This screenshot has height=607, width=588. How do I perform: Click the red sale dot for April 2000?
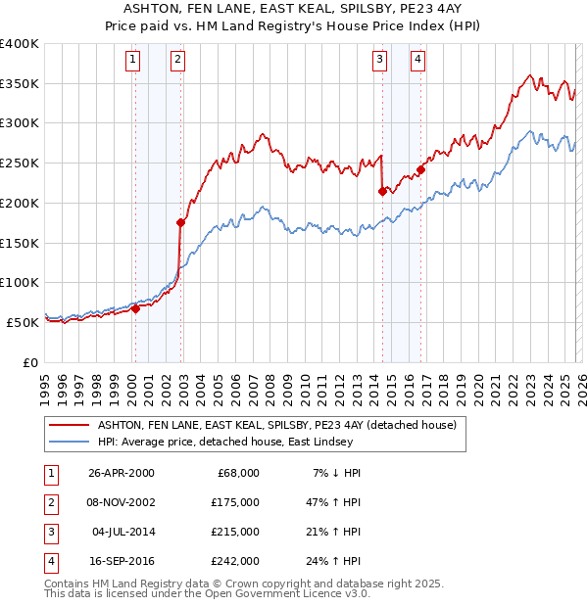tap(135, 308)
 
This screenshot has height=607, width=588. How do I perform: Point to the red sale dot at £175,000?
tap(180, 222)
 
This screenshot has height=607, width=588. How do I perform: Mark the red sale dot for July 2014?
tap(381, 191)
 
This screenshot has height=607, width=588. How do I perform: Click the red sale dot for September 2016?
tap(420, 169)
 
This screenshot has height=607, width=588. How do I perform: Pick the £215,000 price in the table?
tap(235, 532)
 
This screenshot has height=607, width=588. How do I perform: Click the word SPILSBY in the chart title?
tap(343, 9)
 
